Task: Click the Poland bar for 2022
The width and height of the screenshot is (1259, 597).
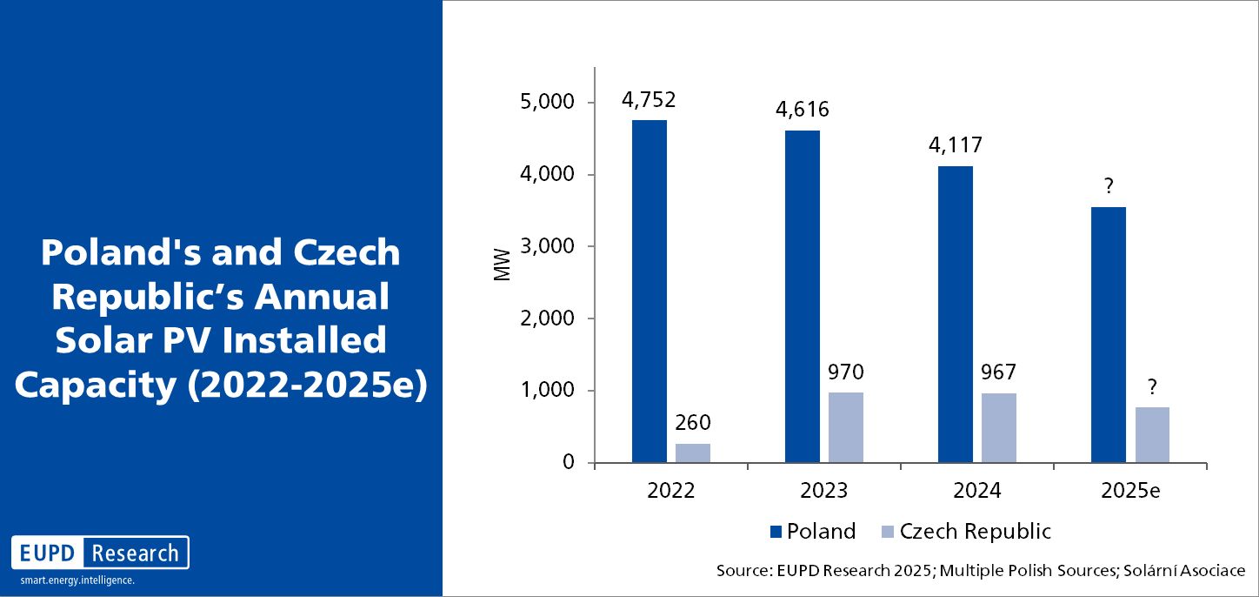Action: click(649, 291)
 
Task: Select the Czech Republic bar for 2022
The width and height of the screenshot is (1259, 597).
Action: click(693, 453)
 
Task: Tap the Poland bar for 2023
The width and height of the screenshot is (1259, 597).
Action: click(802, 296)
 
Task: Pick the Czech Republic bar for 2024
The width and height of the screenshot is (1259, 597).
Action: click(999, 427)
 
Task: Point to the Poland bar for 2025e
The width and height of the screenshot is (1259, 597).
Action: click(1109, 334)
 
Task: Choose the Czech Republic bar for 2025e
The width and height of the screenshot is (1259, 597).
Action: click(1152, 434)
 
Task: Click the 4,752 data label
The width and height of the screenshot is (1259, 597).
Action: click(649, 99)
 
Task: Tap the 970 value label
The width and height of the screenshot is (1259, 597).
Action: click(846, 373)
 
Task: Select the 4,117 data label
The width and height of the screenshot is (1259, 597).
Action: click(955, 145)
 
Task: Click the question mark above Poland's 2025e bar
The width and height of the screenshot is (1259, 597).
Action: click(1109, 186)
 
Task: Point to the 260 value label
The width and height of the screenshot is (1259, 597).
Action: click(693, 424)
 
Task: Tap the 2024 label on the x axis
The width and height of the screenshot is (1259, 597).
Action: click(976, 490)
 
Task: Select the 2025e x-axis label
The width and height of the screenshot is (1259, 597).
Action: click(1130, 490)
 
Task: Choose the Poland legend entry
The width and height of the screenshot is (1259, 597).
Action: click(812, 531)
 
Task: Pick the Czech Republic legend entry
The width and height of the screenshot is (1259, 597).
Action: click(965, 531)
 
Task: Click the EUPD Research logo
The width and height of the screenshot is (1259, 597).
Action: click(100, 553)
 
